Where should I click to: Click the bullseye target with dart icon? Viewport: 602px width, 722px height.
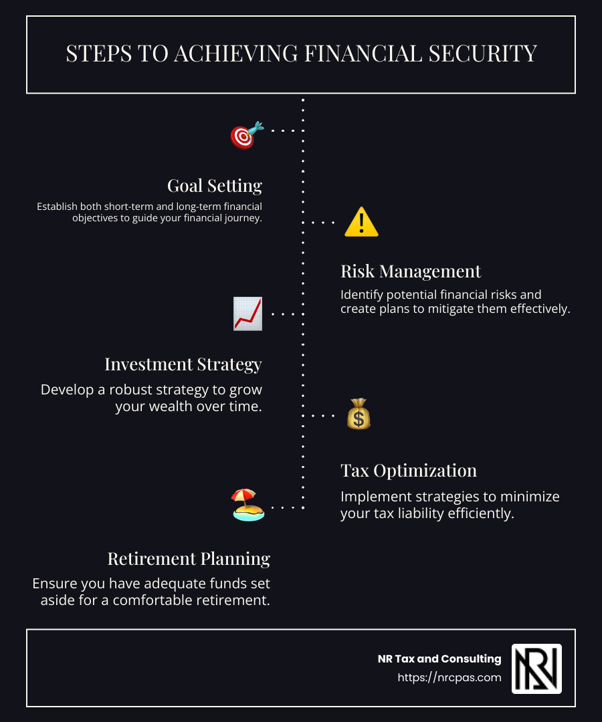(247, 135)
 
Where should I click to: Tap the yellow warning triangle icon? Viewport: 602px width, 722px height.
(362, 222)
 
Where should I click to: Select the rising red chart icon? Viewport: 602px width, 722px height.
(247, 314)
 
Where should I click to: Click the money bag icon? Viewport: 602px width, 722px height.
(359, 414)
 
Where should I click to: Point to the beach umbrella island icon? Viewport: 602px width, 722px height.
(247, 505)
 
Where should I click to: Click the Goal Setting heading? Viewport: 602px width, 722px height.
(215, 186)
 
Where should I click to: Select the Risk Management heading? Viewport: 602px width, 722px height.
(411, 271)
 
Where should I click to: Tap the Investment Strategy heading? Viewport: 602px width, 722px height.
(183, 364)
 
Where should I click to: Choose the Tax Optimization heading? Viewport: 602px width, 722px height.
(409, 471)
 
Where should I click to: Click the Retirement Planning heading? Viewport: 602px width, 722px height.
(189, 558)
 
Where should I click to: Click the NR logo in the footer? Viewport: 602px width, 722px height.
(536, 669)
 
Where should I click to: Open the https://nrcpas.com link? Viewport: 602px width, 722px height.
(449, 677)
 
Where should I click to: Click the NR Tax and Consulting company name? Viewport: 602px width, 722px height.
(439, 659)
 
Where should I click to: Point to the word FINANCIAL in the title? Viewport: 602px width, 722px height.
(363, 53)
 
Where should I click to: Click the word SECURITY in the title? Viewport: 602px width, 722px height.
(483, 53)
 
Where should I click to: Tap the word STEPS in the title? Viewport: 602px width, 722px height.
(99, 53)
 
